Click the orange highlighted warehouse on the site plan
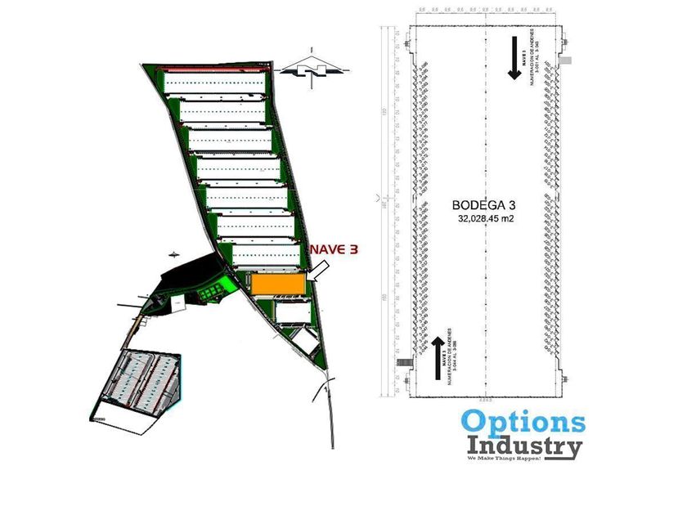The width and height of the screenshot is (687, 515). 278,283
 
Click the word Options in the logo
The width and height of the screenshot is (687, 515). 523,422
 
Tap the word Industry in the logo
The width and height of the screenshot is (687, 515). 524,446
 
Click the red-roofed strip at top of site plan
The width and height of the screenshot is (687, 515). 214,69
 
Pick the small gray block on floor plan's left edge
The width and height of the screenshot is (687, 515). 402,361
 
